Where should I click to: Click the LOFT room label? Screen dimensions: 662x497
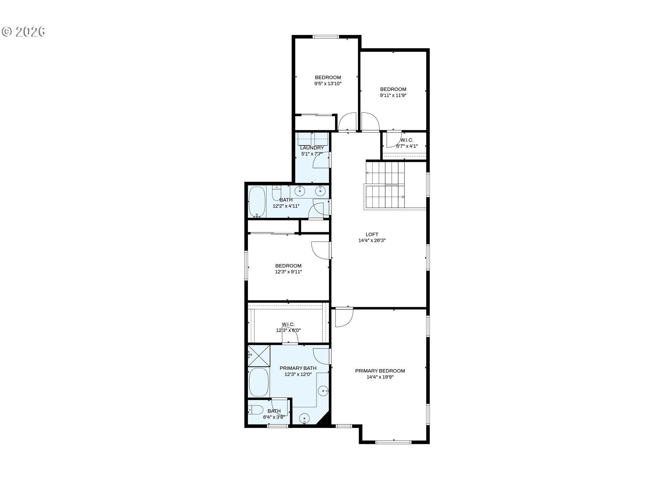(x=372, y=234)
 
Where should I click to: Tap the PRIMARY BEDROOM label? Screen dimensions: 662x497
(x=380, y=371)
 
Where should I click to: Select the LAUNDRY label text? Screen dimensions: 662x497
(x=312, y=148)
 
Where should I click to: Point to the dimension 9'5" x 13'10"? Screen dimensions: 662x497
(x=328, y=84)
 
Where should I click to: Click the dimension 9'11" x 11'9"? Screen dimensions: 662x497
(x=393, y=96)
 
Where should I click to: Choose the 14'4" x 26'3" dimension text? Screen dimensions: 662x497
(x=372, y=241)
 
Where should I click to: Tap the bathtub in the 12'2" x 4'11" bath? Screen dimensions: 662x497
(x=257, y=202)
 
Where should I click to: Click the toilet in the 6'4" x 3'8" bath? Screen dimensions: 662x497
(x=254, y=410)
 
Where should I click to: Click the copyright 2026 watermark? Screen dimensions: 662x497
(x=23, y=32)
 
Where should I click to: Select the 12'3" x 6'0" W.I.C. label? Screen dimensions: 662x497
(x=288, y=327)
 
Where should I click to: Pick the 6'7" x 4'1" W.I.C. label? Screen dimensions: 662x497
(x=407, y=143)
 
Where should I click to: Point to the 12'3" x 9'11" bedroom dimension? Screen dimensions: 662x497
(x=288, y=272)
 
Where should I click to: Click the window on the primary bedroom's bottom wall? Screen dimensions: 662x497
(x=393, y=442)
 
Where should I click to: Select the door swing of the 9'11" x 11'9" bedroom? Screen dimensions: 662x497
(x=370, y=122)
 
